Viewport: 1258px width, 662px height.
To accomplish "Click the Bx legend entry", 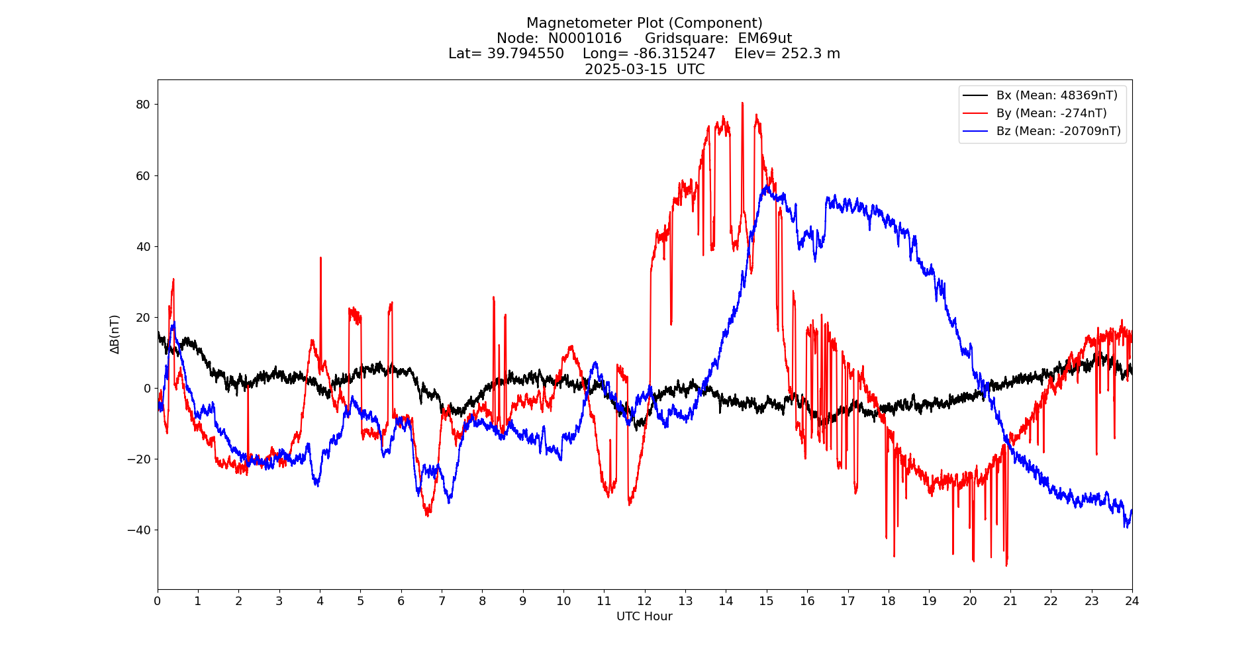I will (1056, 95).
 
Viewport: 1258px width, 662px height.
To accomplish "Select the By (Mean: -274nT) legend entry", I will (1051, 113).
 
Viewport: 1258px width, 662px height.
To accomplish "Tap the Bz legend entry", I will (1058, 131).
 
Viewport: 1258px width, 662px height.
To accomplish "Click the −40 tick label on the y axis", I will (139, 530).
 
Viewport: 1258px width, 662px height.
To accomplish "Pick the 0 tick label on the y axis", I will (147, 389).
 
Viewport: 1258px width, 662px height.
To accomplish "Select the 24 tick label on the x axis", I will (1132, 601).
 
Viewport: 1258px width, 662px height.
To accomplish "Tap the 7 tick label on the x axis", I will (442, 601).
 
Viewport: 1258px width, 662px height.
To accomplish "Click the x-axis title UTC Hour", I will (644, 617).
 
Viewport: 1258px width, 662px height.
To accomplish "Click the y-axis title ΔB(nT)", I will (115, 334).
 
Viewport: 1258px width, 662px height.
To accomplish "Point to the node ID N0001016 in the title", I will (585, 38).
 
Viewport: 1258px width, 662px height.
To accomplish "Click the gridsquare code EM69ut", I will (765, 38).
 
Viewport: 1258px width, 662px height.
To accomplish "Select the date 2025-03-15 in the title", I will (626, 70).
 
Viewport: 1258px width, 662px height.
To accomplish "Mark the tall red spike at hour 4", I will (320, 260).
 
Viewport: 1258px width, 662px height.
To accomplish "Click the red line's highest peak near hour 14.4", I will (742, 104).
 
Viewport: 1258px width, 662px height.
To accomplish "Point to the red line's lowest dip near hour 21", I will (1006, 564).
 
